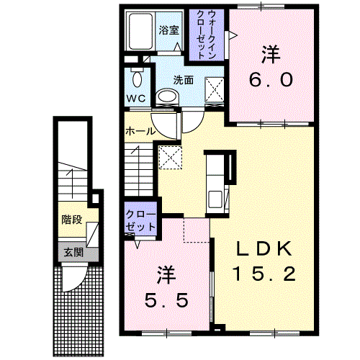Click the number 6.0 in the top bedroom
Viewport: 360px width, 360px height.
point(271,80)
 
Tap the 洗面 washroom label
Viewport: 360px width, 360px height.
point(183,80)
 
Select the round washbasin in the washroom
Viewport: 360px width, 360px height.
point(167,97)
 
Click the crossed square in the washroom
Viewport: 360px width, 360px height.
point(214,89)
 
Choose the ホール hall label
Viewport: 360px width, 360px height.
point(140,132)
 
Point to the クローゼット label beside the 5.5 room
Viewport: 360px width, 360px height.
point(140,220)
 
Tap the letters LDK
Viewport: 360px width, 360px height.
point(265,249)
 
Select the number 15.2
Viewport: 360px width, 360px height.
point(265,274)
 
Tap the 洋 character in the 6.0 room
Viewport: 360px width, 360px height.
point(271,54)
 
